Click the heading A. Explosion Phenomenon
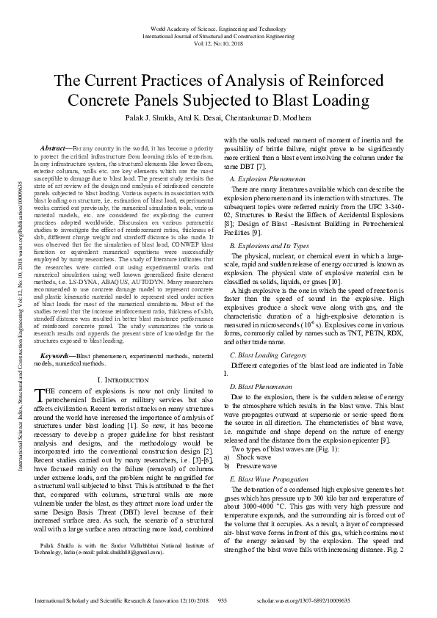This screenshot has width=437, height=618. [x=267, y=178]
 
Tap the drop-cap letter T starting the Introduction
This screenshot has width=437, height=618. [x=40, y=396]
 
